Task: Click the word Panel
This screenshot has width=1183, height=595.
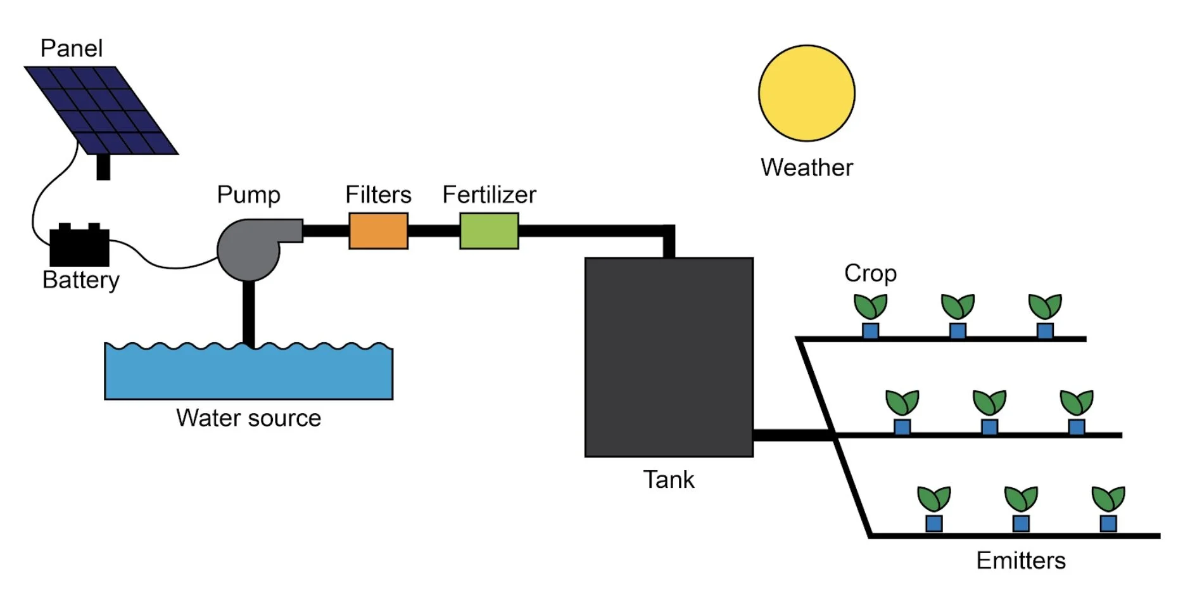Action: tap(71, 49)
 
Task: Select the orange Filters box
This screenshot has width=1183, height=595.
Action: tap(378, 231)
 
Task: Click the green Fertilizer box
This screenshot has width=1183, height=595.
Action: tap(489, 231)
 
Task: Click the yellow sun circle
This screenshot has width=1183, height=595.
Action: tap(806, 93)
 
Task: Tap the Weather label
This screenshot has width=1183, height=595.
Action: tap(806, 168)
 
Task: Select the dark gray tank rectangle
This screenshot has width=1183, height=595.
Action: tap(669, 357)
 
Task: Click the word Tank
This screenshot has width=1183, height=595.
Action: tap(668, 480)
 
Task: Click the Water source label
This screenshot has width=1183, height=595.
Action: tap(248, 418)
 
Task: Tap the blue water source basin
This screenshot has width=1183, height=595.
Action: tap(248, 374)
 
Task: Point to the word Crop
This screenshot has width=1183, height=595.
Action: tap(870, 274)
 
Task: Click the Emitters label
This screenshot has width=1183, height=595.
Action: tap(1020, 561)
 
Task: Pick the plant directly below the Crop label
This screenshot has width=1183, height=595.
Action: tap(870, 307)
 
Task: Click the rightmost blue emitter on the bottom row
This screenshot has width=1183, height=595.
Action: tap(1108, 523)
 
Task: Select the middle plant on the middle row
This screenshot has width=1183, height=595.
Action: tap(989, 403)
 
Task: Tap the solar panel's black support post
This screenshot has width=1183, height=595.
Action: tap(103, 167)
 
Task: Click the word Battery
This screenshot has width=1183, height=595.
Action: tap(80, 280)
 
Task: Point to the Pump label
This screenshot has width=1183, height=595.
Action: tap(248, 195)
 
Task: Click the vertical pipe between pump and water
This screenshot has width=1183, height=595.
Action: tap(249, 314)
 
